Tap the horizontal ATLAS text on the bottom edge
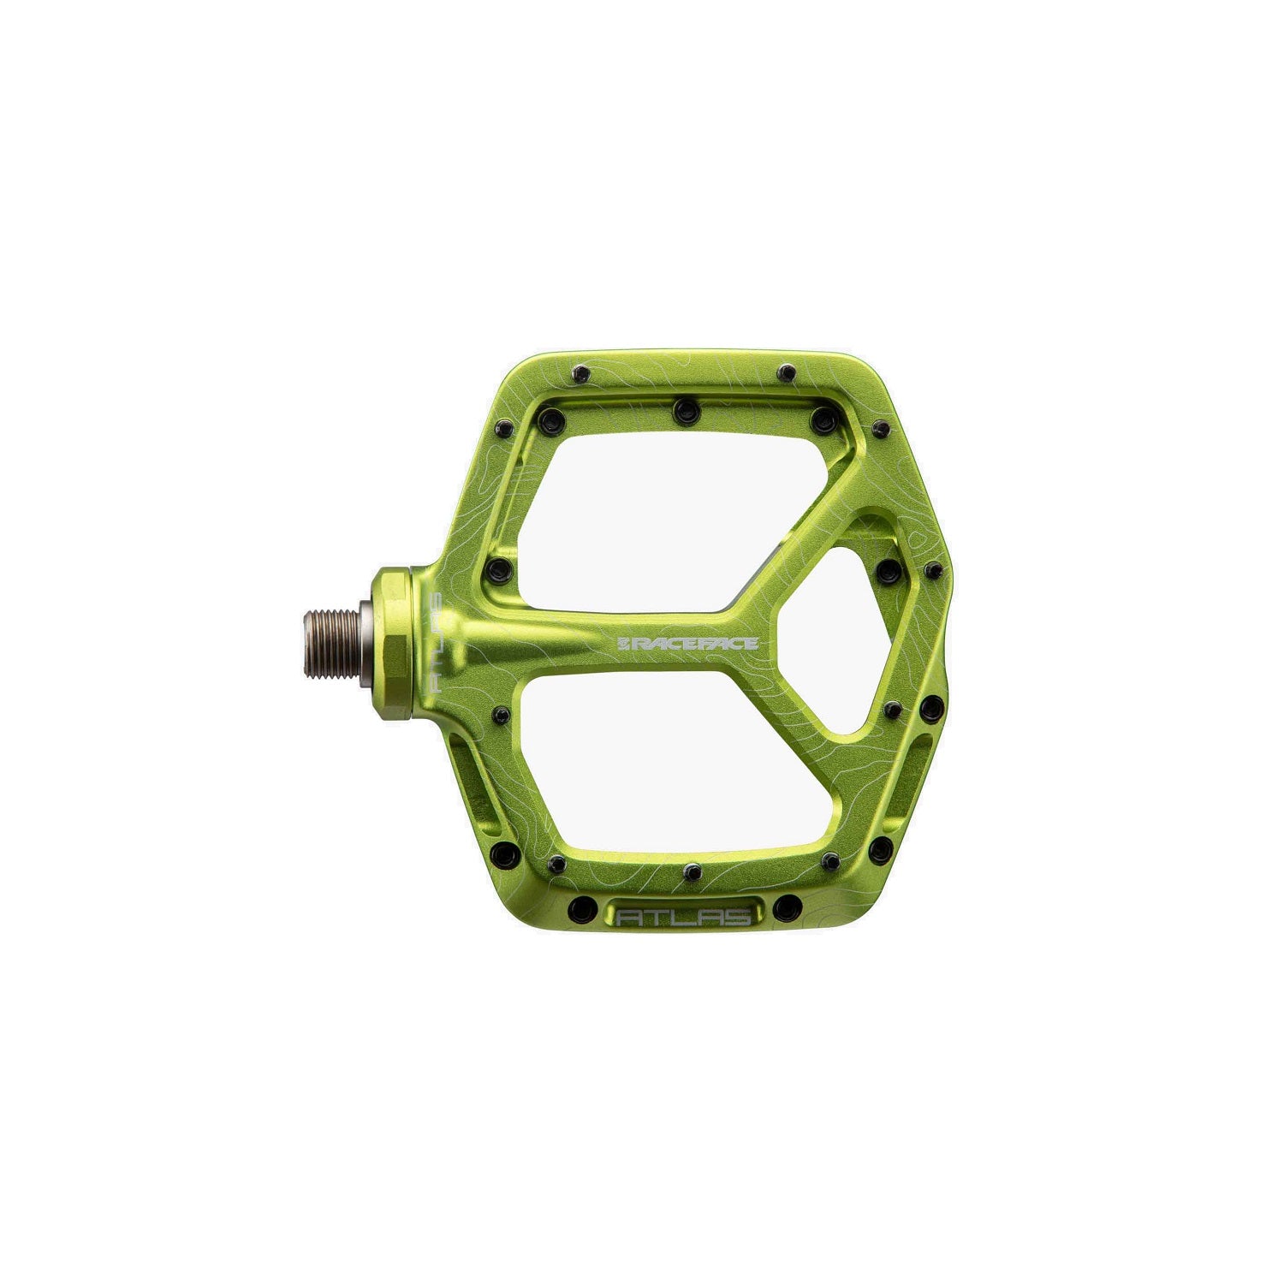[685, 916]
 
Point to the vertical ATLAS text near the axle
[434, 642]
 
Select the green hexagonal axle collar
[392, 642]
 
